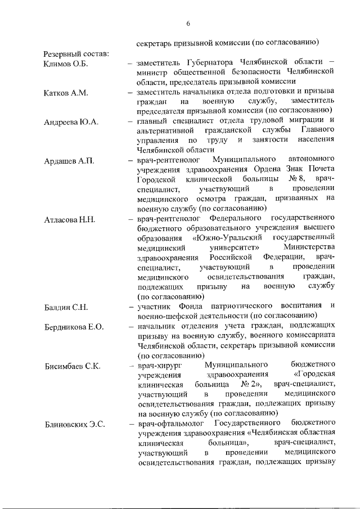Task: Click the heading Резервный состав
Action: (x=76, y=53)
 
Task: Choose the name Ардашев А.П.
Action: (x=69, y=161)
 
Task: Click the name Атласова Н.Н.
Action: (x=70, y=219)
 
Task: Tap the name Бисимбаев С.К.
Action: (x=73, y=366)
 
